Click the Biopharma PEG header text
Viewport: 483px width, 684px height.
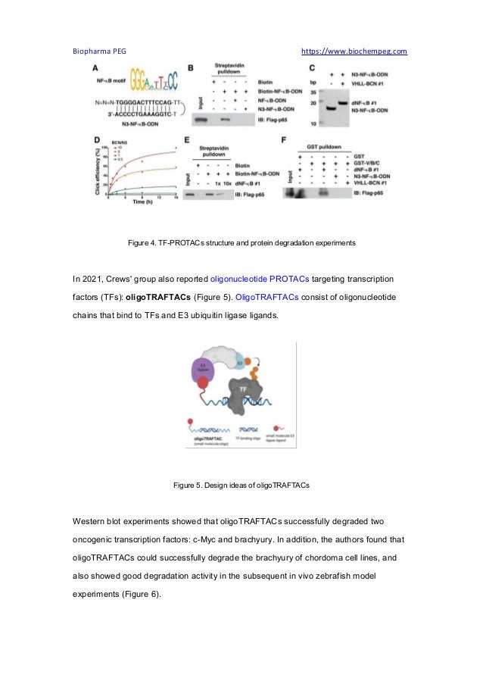99,52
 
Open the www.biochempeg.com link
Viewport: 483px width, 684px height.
354,52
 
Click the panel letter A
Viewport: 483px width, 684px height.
95,67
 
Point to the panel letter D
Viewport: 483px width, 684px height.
95,139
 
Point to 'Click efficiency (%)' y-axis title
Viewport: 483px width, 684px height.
95,170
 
